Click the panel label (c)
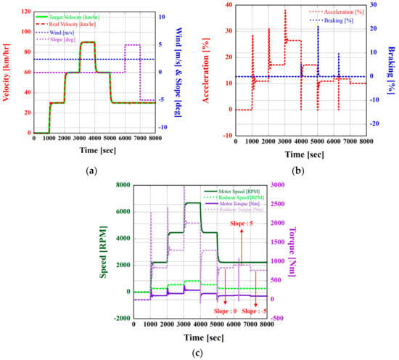coord(198,353)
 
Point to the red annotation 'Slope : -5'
coord(255,310)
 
